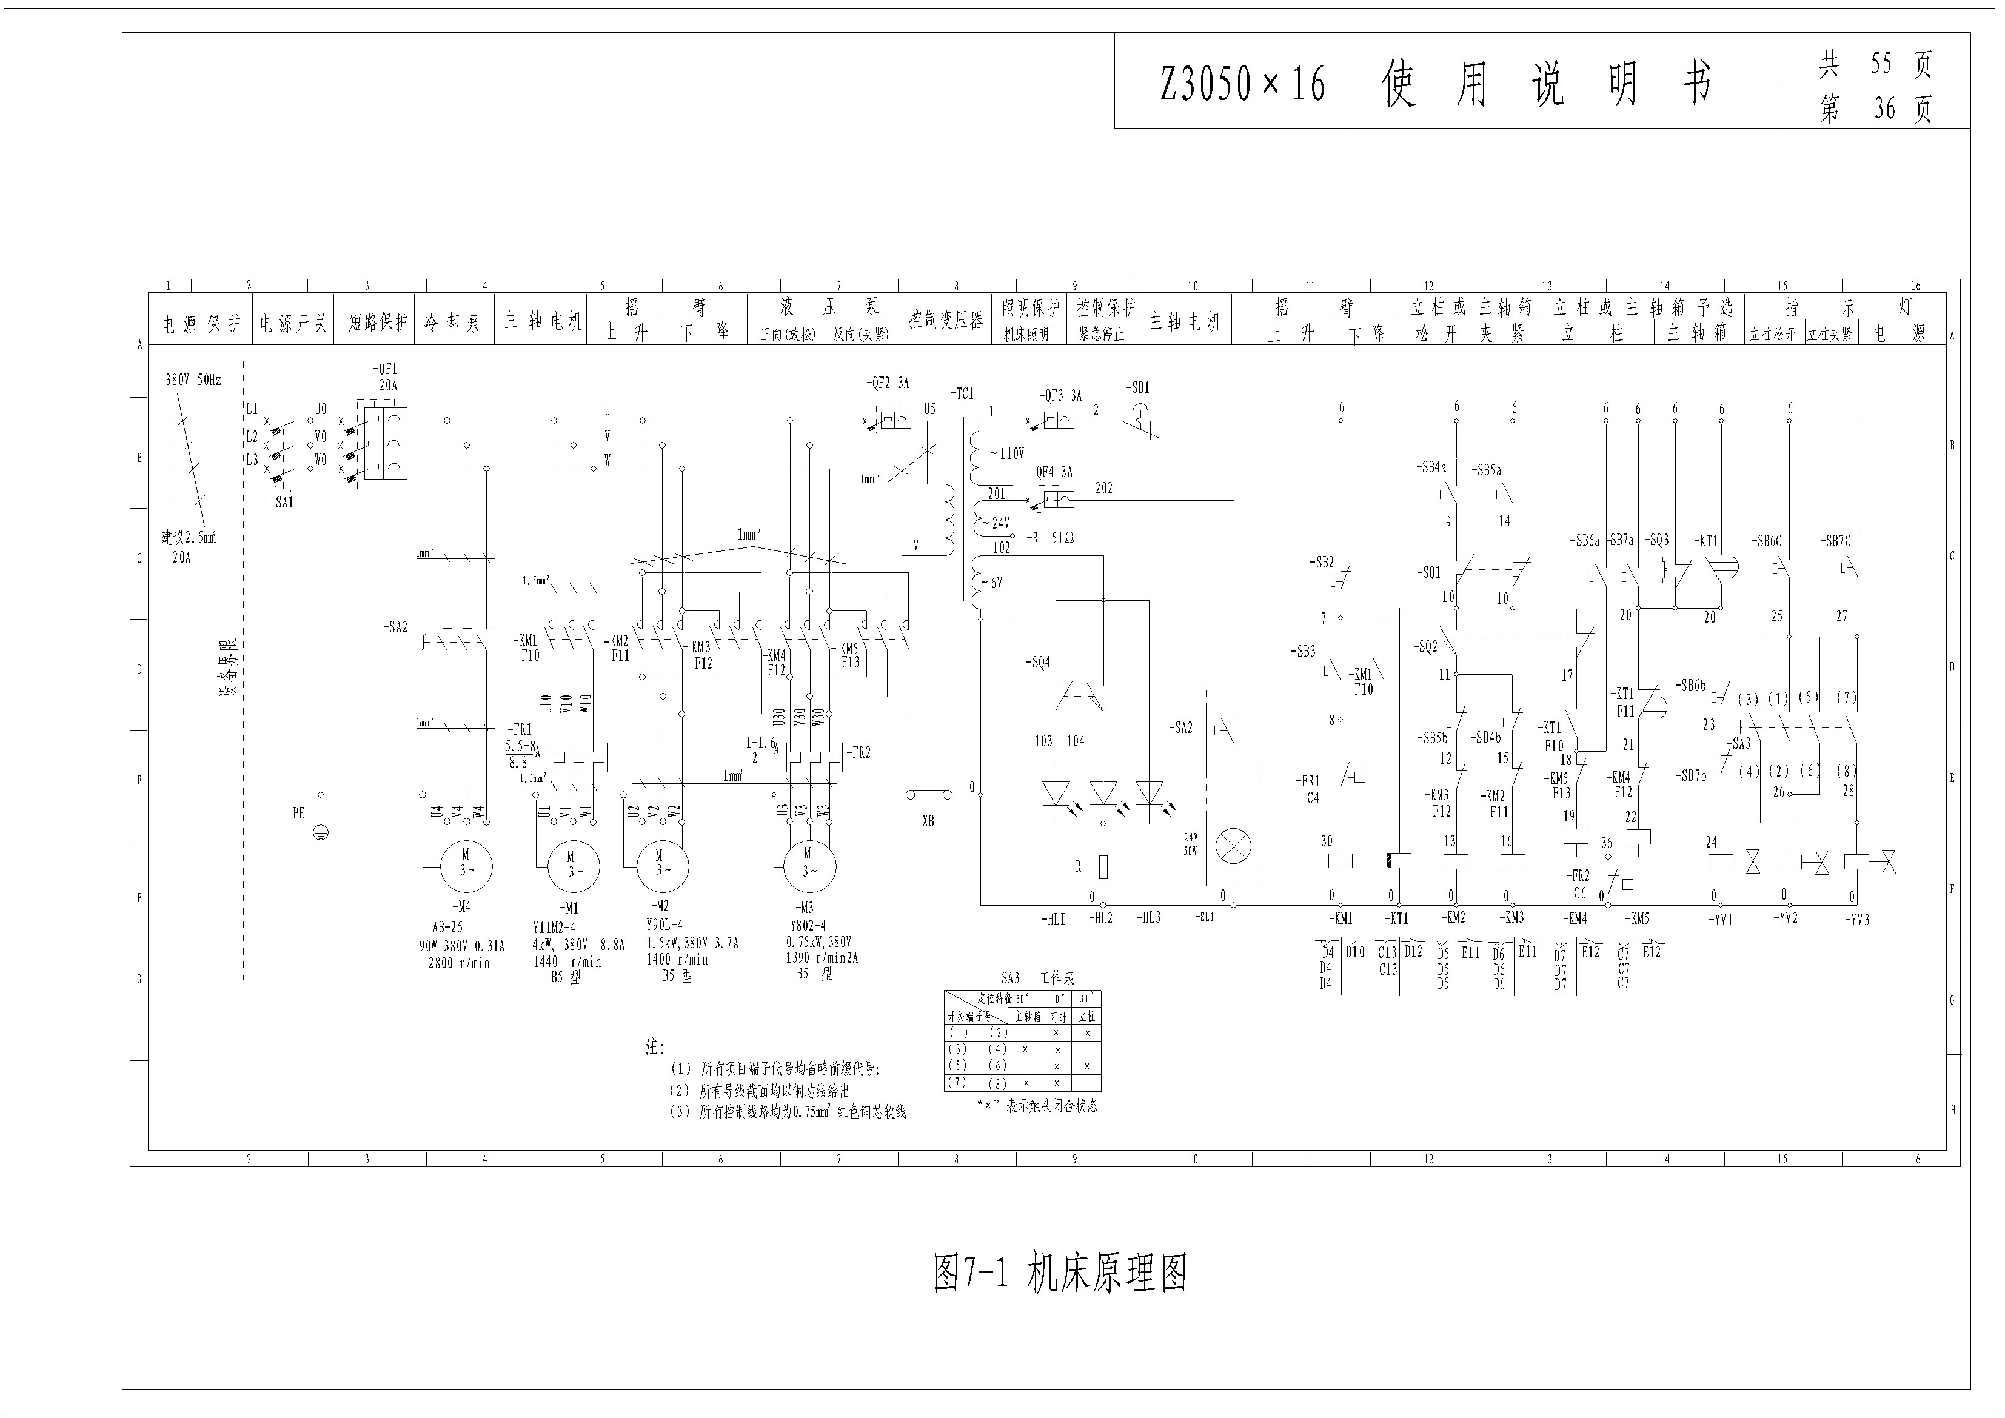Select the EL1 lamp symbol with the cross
1233,846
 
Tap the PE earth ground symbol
321,832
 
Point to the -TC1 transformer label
962,394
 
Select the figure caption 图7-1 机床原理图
1060,1273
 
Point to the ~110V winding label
1007,454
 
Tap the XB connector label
928,821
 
